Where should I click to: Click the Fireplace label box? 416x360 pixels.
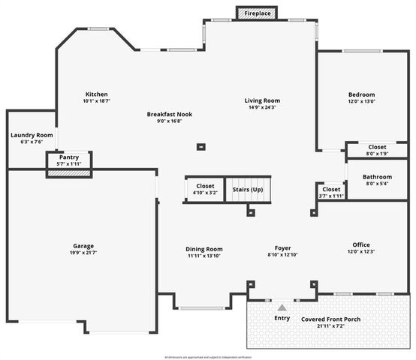click(x=258, y=13)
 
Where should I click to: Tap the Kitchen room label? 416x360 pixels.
click(x=96, y=94)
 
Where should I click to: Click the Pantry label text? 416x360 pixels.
click(x=69, y=157)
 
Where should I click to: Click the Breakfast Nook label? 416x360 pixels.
click(x=169, y=114)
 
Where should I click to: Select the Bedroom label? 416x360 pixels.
click(x=361, y=94)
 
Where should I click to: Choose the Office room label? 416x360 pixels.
click(x=361, y=244)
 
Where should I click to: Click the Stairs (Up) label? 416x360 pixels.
click(x=247, y=190)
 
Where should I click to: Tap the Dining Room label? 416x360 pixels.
click(x=204, y=249)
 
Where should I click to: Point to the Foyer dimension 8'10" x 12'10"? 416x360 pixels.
click(x=282, y=255)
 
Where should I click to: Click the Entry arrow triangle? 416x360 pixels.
click(x=282, y=307)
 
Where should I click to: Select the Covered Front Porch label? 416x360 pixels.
click(x=330, y=319)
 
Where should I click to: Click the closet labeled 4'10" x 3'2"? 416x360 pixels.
click(x=205, y=189)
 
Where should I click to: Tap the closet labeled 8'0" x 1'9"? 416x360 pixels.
click(x=377, y=150)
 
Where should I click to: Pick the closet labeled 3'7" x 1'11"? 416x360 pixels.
click(x=331, y=193)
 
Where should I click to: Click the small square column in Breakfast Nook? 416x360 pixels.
click(x=201, y=147)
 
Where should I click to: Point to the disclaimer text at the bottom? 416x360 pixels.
click(x=207, y=355)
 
